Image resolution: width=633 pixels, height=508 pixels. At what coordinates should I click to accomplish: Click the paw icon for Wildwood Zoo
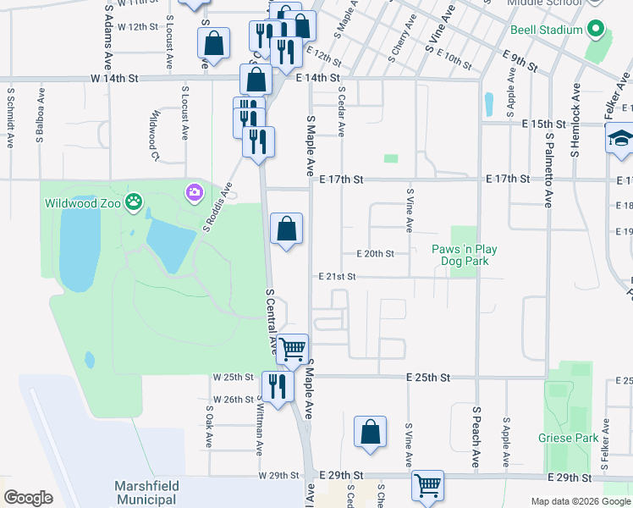[x=134, y=202]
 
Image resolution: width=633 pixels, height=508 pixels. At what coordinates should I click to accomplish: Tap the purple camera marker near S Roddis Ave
[x=195, y=192]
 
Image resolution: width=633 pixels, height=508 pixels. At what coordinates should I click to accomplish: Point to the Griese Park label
[x=568, y=438]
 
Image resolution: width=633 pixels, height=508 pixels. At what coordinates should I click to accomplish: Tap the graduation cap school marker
[x=619, y=138]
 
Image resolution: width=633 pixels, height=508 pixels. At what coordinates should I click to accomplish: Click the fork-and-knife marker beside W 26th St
[x=277, y=387]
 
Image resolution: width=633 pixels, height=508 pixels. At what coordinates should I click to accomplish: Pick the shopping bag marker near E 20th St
[x=287, y=228]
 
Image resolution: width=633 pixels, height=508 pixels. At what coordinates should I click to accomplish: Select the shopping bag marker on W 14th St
[x=256, y=80]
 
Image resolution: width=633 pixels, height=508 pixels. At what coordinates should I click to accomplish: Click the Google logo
[x=28, y=498]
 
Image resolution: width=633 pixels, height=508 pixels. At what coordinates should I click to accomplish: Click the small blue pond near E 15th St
[x=489, y=103]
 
